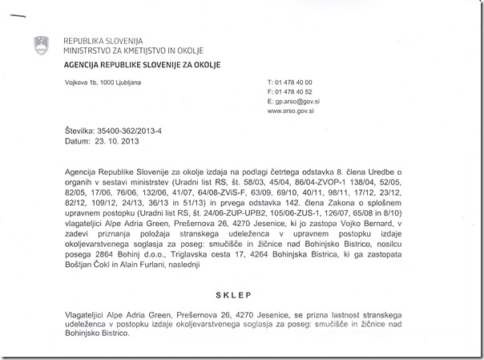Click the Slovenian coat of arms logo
point(41,46)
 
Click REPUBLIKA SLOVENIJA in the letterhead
point(103,40)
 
